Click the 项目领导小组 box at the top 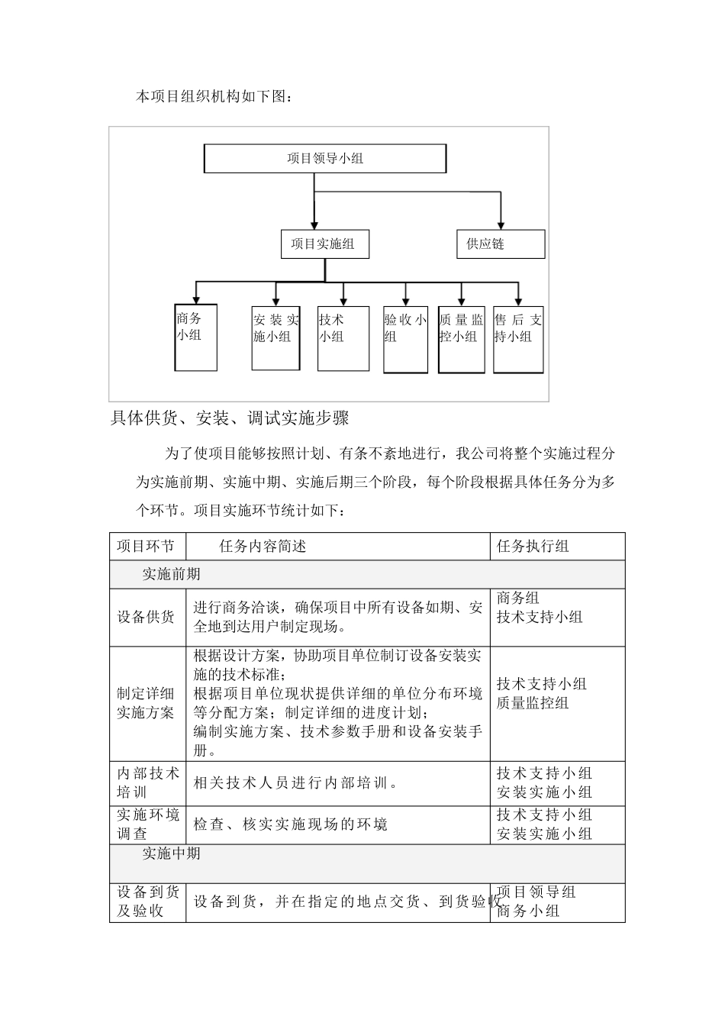(325, 159)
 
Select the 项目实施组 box (324, 244)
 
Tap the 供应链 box (501, 244)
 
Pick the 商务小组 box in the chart (196, 337)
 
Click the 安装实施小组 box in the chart (275, 337)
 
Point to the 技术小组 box (343, 337)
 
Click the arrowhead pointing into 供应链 (501, 224)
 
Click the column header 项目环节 (146, 547)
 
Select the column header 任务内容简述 (263, 547)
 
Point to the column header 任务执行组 (533, 547)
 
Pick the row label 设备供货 (146, 618)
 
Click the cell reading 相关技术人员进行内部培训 (295, 783)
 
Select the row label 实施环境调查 (147, 824)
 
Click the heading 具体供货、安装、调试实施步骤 (230, 418)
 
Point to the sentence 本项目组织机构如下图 (213, 97)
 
